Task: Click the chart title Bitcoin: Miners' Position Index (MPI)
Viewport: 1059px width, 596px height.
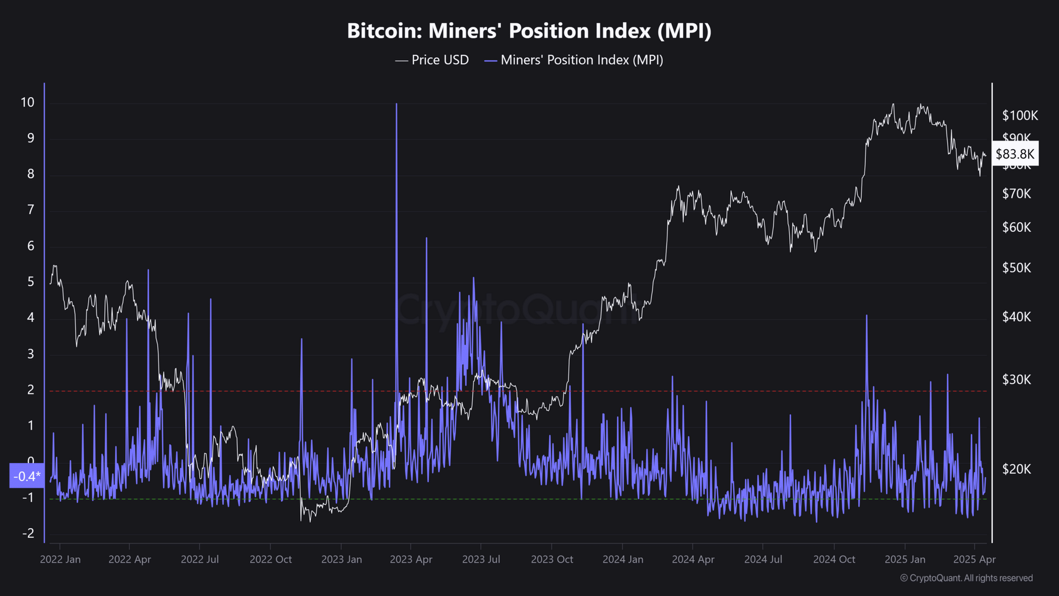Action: point(529,31)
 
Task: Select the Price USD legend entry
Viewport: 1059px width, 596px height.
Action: point(432,60)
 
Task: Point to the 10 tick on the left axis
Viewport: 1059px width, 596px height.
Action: point(27,103)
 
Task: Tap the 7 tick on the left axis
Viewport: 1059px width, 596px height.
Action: point(31,210)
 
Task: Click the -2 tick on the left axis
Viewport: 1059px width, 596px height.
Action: point(28,533)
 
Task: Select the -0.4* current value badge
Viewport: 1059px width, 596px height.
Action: point(27,476)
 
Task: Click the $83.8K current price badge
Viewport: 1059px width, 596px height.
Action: point(1015,154)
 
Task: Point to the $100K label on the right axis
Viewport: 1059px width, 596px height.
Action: point(1020,116)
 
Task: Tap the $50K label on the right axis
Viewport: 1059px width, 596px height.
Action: point(1017,268)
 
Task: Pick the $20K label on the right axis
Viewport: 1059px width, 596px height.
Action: point(1017,470)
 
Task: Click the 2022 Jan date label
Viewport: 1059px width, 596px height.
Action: point(60,560)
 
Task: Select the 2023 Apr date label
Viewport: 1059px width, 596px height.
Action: point(411,560)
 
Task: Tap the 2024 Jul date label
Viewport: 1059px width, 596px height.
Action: point(763,560)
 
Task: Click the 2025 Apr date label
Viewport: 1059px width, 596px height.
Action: point(974,560)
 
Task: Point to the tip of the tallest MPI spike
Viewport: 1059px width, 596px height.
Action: point(396,104)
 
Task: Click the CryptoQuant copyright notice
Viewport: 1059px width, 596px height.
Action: point(966,578)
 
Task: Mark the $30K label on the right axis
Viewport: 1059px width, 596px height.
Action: point(1017,380)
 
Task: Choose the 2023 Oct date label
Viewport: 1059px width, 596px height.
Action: point(552,560)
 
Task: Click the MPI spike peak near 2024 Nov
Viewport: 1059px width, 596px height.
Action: point(867,316)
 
